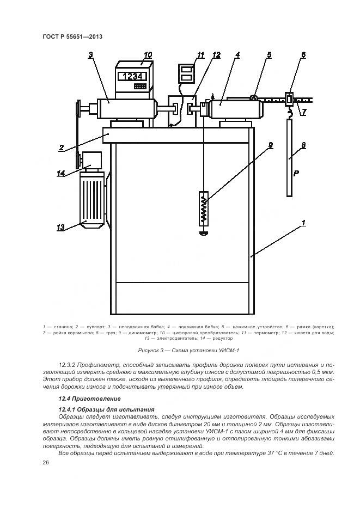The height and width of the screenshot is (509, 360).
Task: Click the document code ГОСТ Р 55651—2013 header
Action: pos(72,36)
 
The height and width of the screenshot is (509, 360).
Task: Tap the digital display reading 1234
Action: pos(133,76)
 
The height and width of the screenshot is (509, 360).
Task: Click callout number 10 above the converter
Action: pos(148,55)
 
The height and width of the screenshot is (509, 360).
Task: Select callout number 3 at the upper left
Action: pos(91,54)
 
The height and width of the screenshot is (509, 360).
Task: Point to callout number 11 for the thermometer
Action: pos(200,55)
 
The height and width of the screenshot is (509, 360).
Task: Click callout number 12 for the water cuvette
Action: pos(216,55)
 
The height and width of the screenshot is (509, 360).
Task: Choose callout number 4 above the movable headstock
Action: pos(237,55)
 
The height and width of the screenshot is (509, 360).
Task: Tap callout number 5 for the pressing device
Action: pos(269,55)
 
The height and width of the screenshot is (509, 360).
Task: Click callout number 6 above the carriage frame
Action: pos(303,55)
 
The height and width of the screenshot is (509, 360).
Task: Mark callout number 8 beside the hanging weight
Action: pos(303,145)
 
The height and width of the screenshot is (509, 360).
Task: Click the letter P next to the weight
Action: pos(296,174)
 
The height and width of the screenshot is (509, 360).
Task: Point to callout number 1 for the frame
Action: pos(303,222)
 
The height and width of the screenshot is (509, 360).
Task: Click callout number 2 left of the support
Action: pos(63,148)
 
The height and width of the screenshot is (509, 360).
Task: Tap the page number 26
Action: pos(46,463)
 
